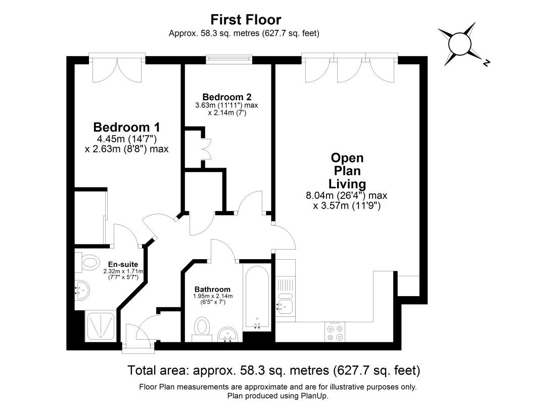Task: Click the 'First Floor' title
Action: point(246,20)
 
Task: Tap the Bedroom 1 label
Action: point(126,127)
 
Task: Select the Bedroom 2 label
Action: point(227,97)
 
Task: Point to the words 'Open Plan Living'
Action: point(347,171)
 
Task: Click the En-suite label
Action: point(123,264)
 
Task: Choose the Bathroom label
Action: point(212,289)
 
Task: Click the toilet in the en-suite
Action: point(87,263)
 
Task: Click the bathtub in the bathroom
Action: point(257,297)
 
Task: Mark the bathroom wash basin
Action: point(227,334)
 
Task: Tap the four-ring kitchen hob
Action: point(335,332)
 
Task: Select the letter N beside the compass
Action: point(486,63)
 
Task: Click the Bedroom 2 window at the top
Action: point(229,59)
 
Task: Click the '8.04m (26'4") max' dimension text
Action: point(346,195)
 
